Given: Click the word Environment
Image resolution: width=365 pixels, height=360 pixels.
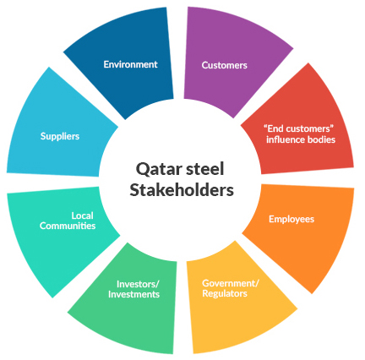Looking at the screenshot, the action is pyautogui.click(x=130, y=64).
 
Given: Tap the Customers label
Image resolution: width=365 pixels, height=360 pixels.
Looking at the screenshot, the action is pyautogui.click(x=225, y=65).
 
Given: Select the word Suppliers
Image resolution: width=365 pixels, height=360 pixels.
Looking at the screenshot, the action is pyautogui.click(x=60, y=136).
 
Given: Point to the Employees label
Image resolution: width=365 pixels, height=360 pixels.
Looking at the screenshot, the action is pyautogui.click(x=291, y=219).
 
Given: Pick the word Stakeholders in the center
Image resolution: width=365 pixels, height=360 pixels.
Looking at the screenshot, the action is pyautogui.click(x=182, y=190).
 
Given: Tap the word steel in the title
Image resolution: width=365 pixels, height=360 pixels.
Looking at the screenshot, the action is pyautogui.click(x=205, y=169).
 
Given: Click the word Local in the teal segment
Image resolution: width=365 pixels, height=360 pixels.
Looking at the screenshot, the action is pyautogui.click(x=82, y=215).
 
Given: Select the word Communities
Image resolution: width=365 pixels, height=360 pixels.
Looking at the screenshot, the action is pyautogui.click(x=68, y=226).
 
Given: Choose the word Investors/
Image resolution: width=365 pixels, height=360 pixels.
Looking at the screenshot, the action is pyautogui.click(x=138, y=284).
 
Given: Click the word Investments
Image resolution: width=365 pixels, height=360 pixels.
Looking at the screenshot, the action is pyautogui.click(x=133, y=294).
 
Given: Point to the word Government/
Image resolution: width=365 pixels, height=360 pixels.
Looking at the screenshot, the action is pyautogui.click(x=231, y=283).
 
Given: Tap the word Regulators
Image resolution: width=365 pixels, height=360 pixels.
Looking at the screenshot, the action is pyautogui.click(x=225, y=293).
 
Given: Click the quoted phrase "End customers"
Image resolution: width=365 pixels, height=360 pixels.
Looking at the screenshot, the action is pyautogui.click(x=299, y=128).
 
